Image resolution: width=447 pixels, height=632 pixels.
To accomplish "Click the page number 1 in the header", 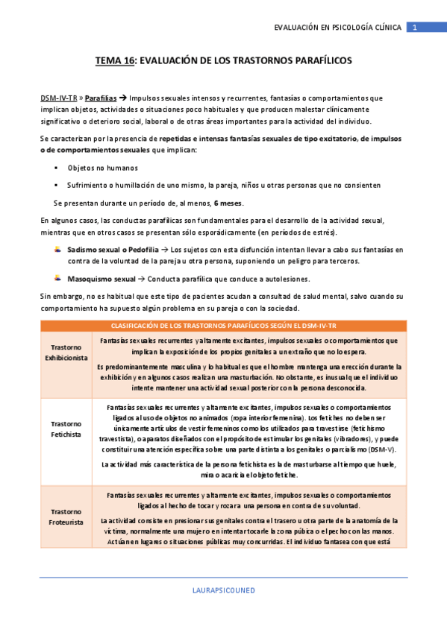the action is tap(414, 28).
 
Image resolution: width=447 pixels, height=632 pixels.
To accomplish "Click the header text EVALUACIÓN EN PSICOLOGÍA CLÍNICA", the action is tap(337, 28).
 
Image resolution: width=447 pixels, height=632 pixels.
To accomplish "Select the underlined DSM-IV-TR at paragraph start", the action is tap(58, 98).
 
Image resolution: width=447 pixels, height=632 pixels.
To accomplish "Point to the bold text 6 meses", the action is tap(228, 203).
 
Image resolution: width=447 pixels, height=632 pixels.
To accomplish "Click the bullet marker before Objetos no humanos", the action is tap(57, 168).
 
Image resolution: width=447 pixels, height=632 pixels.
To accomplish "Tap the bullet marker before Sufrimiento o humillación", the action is tap(57, 185).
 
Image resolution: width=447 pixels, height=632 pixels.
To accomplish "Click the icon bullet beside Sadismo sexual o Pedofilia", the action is tap(57, 248).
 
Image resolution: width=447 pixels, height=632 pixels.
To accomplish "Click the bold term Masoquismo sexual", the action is tap(101, 278).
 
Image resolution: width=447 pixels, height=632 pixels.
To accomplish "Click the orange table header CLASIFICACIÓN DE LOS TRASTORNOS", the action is tap(224, 326).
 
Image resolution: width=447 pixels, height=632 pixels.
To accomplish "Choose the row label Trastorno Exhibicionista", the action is tap(66, 353).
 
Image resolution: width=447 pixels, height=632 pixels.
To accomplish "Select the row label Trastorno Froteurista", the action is tap(66, 516).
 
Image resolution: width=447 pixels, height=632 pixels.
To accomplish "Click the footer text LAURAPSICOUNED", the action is tap(224, 590).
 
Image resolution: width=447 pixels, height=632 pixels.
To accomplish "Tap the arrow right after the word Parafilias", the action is tap(123, 98).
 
